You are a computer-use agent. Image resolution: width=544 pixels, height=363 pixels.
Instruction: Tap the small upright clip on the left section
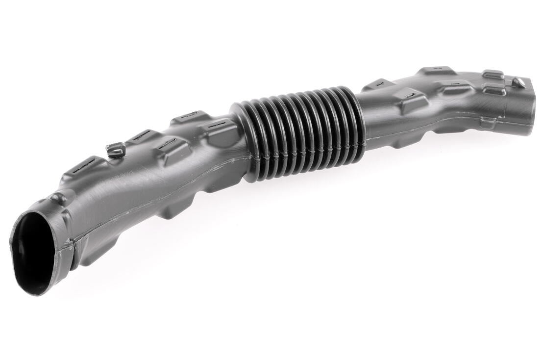[116, 149]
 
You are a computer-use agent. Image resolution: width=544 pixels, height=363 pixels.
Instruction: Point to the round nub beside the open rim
[59, 199]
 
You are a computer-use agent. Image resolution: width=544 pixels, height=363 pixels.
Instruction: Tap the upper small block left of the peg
[493, 75]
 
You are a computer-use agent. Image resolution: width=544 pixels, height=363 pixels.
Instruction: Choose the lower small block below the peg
[494, 89]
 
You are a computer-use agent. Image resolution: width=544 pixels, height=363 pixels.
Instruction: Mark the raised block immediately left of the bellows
[218, 129]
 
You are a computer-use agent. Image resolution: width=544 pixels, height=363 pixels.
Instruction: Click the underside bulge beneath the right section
[402, 140]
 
